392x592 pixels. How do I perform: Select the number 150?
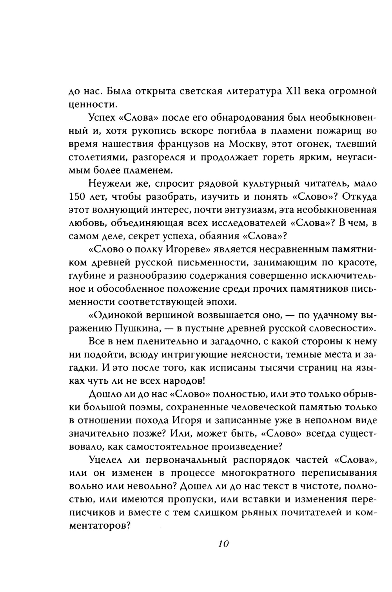click(x=77, y=196)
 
